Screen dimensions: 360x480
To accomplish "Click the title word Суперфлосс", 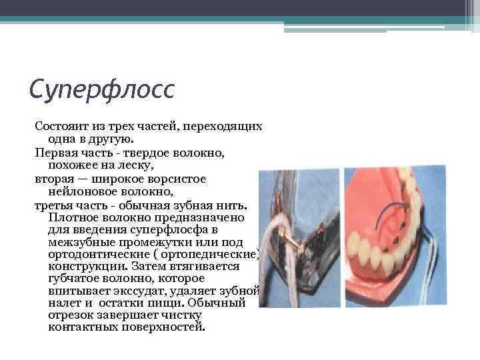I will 101,87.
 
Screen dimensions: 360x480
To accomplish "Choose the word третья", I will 53,205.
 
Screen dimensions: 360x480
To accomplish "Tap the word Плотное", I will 73,218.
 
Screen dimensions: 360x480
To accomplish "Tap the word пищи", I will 169,303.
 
